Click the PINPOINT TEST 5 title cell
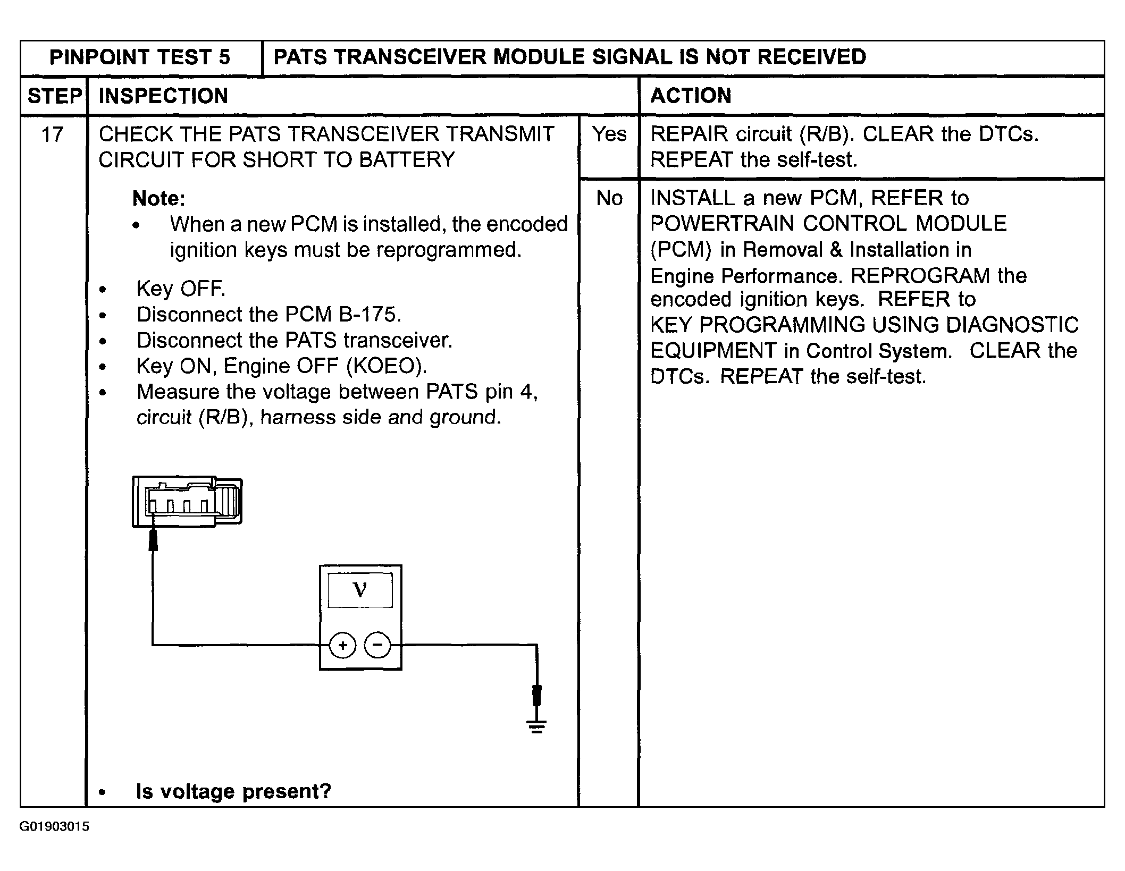click(x=140, y=57)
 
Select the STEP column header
click(x=54, y=96)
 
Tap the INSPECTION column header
click(x=163, y=96)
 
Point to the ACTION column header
click(x=691, y=96)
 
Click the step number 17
click(x=52, y=134)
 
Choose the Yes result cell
click(x=609, y=134)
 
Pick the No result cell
click(x=609, y=198)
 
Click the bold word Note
click(x=158, y=199)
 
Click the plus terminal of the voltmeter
click(x=342, y=646)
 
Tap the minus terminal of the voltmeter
click(x=377, y=646)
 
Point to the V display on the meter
click(x=360, y=590)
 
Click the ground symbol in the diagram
click(x=536, y=726)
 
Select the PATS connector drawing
click(x=187, y=502)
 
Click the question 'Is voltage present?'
click(x=233, y=791)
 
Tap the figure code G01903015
click(x=54, y=827)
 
